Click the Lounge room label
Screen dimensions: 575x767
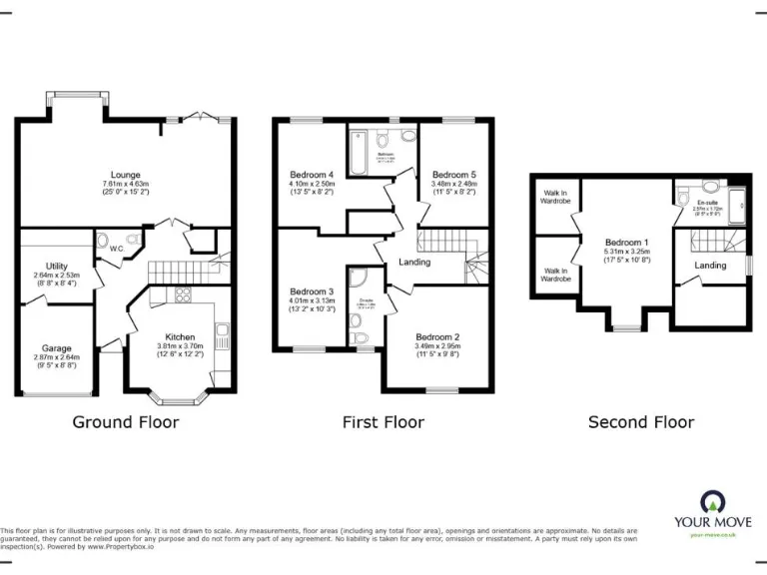[x=126, y=175]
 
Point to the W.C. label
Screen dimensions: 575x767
[x=117, y=249]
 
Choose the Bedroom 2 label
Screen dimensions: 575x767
[x=437, y=337]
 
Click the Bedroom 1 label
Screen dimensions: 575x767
[x=626, y=243]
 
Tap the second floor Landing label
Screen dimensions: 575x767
[x=710, y=265]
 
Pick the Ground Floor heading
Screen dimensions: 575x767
[x=126, y=422]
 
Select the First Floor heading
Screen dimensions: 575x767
[x=383, y=422]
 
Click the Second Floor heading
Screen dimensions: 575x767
[x=641, y=422]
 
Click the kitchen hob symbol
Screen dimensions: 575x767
[x=183, y=294]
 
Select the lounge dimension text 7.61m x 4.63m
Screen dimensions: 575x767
[x=126, y=184]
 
